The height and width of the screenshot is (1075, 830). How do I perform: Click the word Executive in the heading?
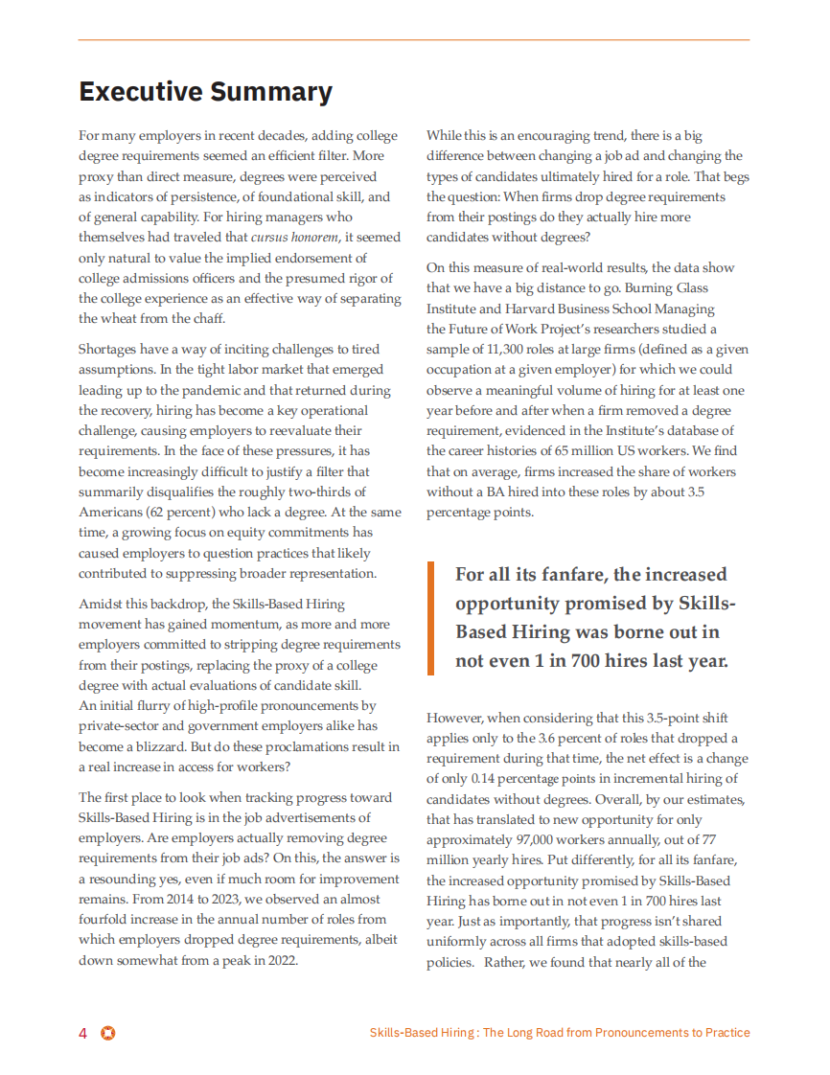(x=140, y=92)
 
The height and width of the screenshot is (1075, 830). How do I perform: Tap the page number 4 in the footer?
(x=83, y=1033)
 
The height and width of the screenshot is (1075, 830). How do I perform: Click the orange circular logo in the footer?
(x=108, y=1033)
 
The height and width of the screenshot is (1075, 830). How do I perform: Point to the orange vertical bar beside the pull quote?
(x=430, y=618)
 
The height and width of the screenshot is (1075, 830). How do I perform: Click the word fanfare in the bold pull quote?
(x=560, y=575)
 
